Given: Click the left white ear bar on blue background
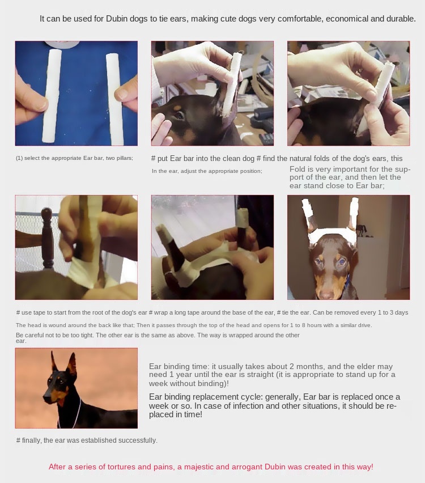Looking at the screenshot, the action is tap(52, 96).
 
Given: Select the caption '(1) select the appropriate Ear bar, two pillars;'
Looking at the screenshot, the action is tap(75, 158).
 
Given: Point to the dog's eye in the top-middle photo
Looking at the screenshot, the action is tap(179, 116).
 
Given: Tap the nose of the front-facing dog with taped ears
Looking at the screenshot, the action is tap(326, 294).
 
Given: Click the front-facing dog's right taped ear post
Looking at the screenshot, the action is tap(353, 214).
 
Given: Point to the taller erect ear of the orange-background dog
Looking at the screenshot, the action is tap(71, 366).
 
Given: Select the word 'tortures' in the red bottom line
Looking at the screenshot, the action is tap(121, 467).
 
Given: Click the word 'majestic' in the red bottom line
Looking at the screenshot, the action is tap(198, 467).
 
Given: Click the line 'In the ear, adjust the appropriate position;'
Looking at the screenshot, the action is tap(207, 171).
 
